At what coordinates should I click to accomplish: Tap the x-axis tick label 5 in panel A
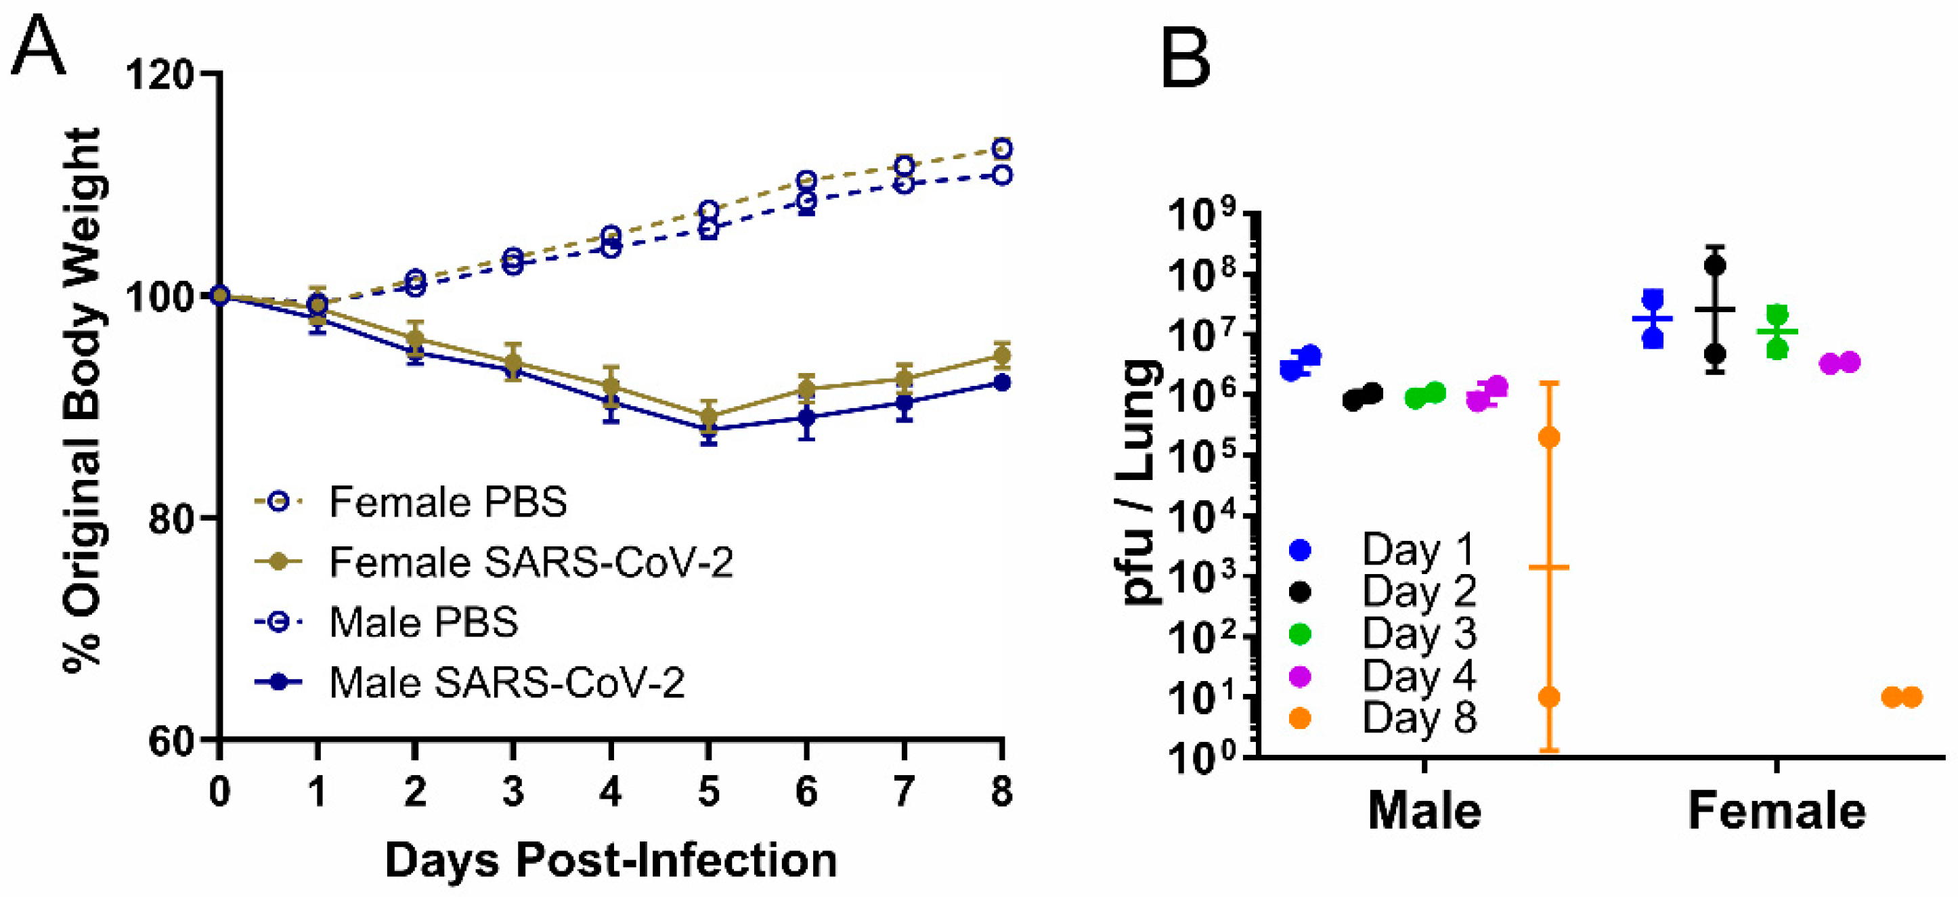click(708, 791)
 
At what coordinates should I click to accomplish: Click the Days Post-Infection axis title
click(611, 860)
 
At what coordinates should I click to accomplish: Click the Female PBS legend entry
click(447, 502)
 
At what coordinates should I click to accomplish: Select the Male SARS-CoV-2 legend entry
click(506, 682)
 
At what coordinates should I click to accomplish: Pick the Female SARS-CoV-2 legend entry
click(531, 563)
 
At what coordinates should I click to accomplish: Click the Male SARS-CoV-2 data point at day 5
click(708, 429)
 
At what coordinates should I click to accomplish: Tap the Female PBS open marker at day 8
click(1002, 148)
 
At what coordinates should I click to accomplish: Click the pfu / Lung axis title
click(1141, 482)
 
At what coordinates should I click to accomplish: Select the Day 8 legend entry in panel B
click(1418, 718)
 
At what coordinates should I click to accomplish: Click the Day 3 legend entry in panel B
click(1418, 633)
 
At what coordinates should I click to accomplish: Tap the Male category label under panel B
click(1424, 812)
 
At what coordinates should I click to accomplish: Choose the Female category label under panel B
click(1777, 812)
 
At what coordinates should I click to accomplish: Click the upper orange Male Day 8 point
click(1548, 437)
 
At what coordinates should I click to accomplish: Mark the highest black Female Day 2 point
click(1715, 265)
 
